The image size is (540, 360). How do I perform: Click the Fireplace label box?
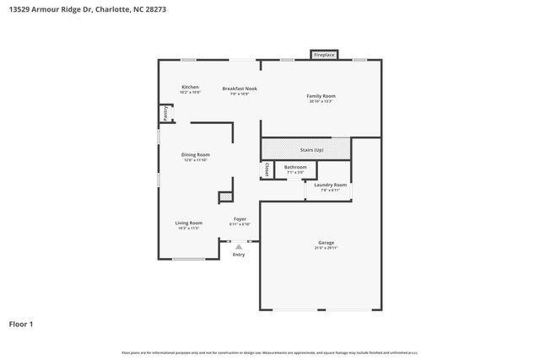tap(324, 55)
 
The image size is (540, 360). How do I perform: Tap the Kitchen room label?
tap(190, 88)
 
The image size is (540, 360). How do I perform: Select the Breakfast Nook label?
tap(240, 89)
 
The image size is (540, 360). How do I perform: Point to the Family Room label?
tap(321, 96)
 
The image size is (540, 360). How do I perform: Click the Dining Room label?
tap(196, 155)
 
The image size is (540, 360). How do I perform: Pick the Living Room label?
tap(188, 223)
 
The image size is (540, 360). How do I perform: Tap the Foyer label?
tap(240, 219)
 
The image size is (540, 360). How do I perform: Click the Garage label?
tap(326, 243)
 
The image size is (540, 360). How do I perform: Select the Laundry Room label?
tap(330, 185)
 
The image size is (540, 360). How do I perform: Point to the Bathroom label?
tap(295, 167)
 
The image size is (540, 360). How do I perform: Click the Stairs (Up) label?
tap(312, 150)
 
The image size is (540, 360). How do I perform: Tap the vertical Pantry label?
tap(165, 112)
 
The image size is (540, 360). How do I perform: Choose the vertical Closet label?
tap(267, 169)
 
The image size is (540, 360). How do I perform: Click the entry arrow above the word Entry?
tap(239, 246)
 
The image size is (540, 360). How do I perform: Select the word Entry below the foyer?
tap(239, 255)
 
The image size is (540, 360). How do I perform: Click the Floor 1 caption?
tap(21, 324)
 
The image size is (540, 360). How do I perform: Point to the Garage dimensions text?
tap(326, 248)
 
